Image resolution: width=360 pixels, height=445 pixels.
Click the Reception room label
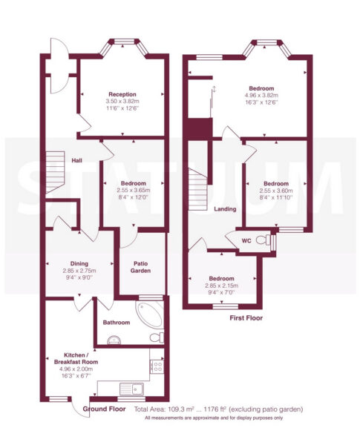(x=122, y=94)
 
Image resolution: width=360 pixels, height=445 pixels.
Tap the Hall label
(x=76, y=161)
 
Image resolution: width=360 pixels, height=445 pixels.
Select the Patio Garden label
(x=140, y=267)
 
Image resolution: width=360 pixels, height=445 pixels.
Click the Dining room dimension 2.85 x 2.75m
(x=79, y=271)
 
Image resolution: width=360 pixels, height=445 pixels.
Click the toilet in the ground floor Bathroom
(x=157, y=337)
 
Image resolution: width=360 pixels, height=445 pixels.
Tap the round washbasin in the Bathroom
(x=114, y=340)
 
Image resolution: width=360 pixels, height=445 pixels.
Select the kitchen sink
(x=131, y=389)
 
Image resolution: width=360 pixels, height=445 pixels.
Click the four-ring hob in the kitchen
(x=157, y=366)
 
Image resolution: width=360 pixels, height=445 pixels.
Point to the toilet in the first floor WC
(x=264, y=240)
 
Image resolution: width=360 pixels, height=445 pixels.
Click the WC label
(x=246, y=241)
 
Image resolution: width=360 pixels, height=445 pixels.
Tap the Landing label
(x=225, y=209)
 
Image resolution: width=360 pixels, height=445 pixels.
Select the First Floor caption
(x=246, y=318)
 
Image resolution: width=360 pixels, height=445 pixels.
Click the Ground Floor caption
(x=104, y=409)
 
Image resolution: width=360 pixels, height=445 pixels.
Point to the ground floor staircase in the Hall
(x=55, y=172)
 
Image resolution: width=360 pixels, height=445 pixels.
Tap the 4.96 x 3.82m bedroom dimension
(x=261, y=96)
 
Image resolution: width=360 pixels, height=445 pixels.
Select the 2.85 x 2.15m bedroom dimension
(x=222, y=286)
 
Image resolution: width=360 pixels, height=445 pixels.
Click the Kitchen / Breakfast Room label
(x=76, y=358)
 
